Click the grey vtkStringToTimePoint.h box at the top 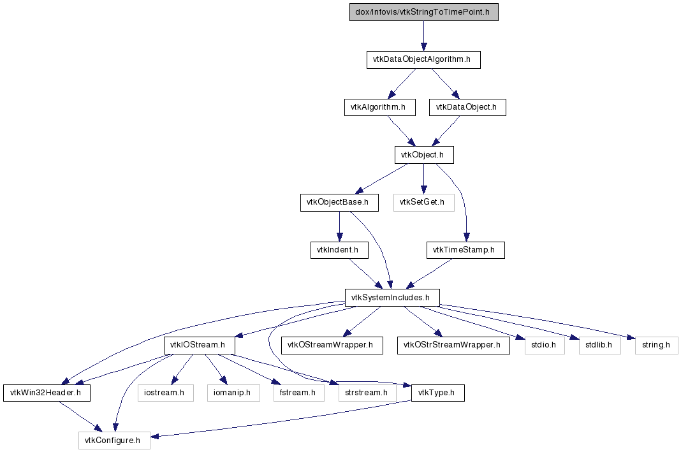point(423,12)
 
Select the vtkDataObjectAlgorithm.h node point(423,59)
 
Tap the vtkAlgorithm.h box point(379,107)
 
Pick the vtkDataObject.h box point(467,107)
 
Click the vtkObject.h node point(424,155)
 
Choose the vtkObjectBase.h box point(339,203)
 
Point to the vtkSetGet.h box point(424,203)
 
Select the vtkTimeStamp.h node point(465,250)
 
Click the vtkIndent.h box point(339,250)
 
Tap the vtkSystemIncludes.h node point(392,298)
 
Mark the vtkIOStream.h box point(200,346)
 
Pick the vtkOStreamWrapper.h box point(332,346)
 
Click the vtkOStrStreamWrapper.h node point(453,346)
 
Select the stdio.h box point(545,346)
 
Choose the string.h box point(656,346)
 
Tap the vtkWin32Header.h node point(47,393)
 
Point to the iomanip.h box point(233,393)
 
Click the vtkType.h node point(438,393)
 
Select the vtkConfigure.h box point(114,441)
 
